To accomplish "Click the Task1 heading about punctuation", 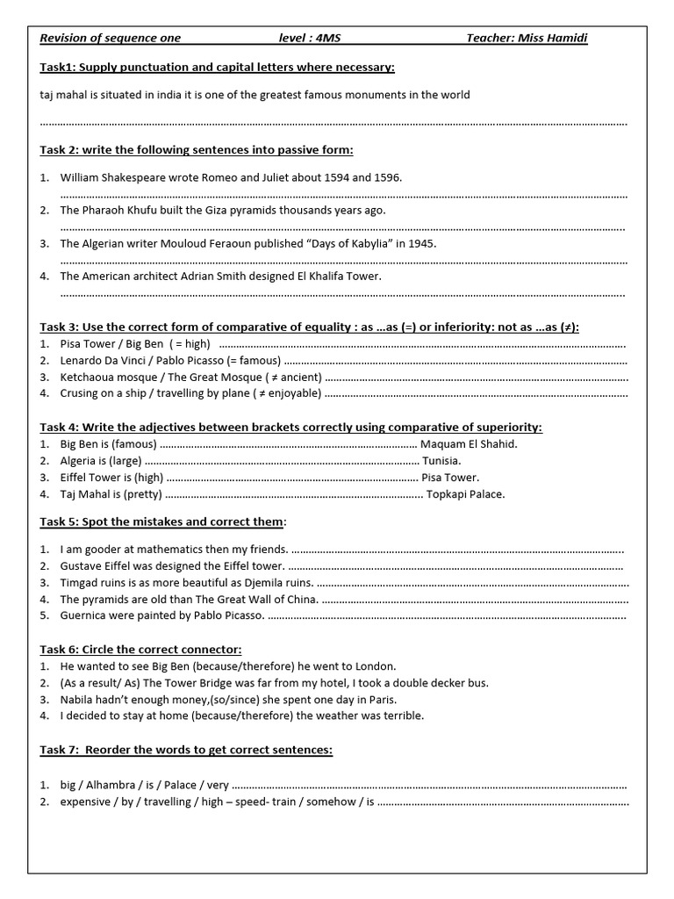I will coord(217,68).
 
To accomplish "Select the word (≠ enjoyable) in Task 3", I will coord(287,393).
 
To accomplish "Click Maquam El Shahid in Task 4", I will coord(469,444).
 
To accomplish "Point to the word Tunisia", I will coord(441,461).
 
